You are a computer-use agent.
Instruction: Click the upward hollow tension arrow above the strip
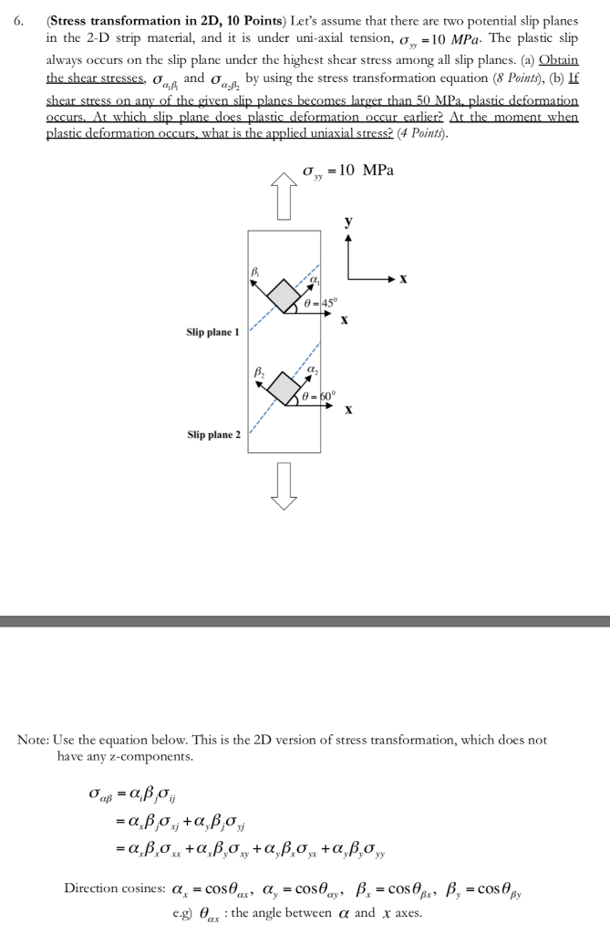point(284,196)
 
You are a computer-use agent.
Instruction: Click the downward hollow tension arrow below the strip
point(284,485)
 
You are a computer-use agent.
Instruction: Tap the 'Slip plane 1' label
point(212,332)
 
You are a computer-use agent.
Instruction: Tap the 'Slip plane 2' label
point(214,435)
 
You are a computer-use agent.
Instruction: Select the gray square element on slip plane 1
point(284,295)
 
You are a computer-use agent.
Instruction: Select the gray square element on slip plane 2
point(284,388)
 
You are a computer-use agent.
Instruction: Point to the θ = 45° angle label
point(320,303)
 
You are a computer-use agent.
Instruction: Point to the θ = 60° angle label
point(319,396)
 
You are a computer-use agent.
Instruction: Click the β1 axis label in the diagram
point(255,272)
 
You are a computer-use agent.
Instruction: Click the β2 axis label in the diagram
point(260,373)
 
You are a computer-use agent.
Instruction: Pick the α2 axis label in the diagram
point(313,370)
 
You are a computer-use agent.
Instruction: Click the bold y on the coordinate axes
point(348,223)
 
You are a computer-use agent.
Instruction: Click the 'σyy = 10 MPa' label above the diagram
point(348,171)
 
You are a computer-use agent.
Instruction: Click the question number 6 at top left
point(19,21)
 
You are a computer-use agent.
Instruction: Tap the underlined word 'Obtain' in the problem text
point(558,60)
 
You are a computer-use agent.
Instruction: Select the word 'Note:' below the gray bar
point(34,740)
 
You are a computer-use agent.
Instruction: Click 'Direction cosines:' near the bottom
point(115,888)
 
